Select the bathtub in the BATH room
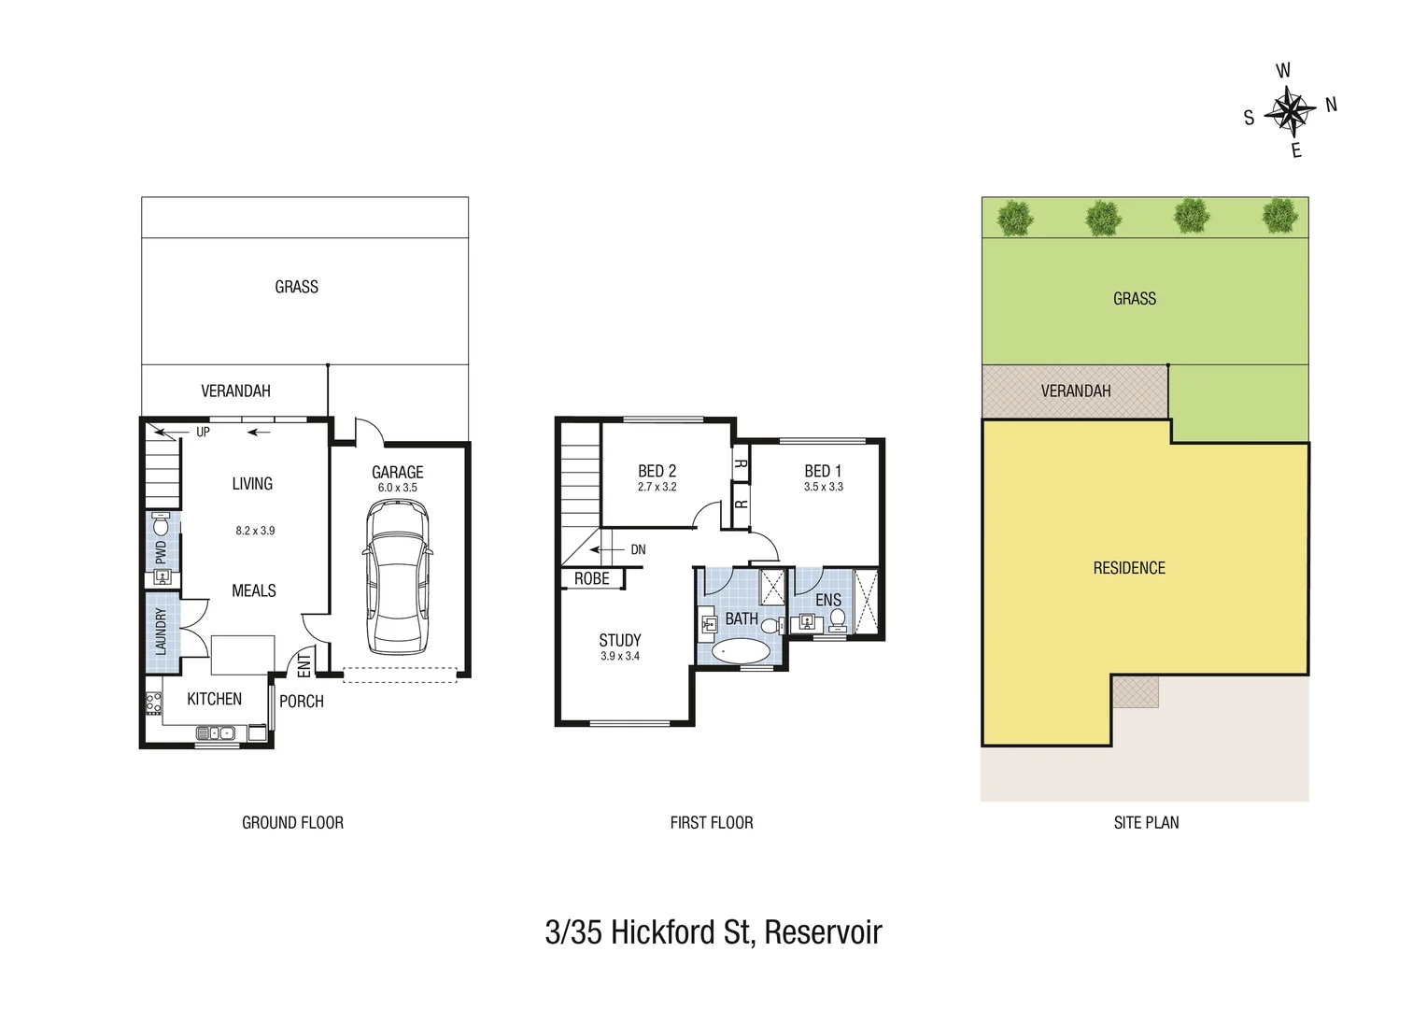[742, 651]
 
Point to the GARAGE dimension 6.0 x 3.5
[398, 488]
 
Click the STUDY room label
[619, 640]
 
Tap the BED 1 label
[823, 471]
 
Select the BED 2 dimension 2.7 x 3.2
[657, 487]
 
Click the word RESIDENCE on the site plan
[1129, 568]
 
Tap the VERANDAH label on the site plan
[1076, 391]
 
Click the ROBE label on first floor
[591, 579]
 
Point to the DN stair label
[638, 549]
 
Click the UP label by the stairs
[203, 432]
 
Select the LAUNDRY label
[160, 631]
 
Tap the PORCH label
[302, 701]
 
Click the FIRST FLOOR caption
[711, 822]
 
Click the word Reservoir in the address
[823, 931]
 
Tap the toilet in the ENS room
[837, 618]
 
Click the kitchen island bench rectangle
[243, 654]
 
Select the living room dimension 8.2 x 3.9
[255, 531]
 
